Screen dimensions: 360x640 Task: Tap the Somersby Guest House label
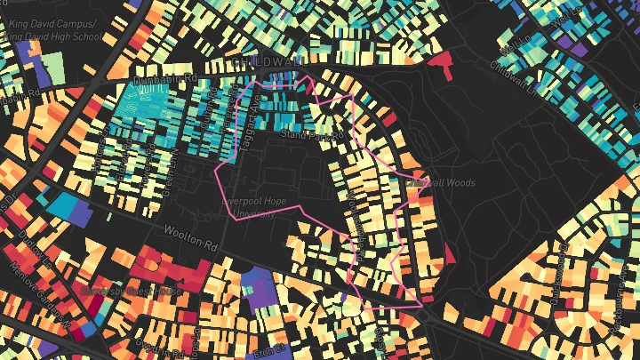(131, 291)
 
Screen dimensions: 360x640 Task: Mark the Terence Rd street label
(375, 339)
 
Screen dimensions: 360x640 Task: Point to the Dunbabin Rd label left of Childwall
(164, 80)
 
